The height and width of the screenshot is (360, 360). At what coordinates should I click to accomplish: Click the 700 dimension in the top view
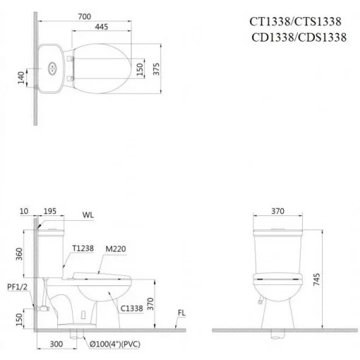tap(85, 16)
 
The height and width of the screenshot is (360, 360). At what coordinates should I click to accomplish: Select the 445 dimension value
tap(102, 27)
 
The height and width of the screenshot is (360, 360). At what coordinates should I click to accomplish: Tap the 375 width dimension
tap(156, 69)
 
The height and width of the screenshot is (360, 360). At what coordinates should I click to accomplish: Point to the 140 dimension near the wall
tap(21, 78)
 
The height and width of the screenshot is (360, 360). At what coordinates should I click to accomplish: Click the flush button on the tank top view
tap(52, 68)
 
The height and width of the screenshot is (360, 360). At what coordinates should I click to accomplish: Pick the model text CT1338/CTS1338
tap(295, 22)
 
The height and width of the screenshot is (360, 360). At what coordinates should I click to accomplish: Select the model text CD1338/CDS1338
tap(299, 37)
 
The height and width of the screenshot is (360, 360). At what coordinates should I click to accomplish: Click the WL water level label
tap(88, 215)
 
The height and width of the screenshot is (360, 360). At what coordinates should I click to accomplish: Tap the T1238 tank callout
tap(83, 248)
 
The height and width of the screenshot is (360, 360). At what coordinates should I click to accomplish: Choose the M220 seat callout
tap(116, 249)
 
